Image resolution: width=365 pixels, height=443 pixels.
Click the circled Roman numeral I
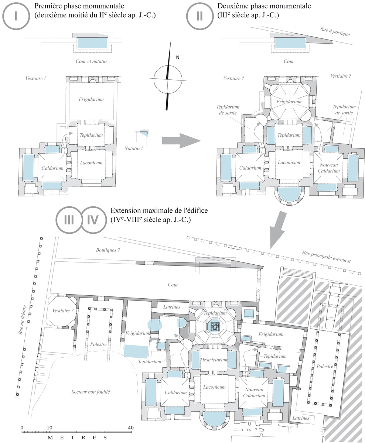coord(16,16)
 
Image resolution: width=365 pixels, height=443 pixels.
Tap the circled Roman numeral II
coord(199,16)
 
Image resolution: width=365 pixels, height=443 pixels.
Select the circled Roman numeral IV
coord(93,220)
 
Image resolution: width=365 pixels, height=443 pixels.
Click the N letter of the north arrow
coord(178,57)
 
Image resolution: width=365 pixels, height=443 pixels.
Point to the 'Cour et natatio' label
coord(91,61)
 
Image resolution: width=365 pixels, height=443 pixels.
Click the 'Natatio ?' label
coord(133,148)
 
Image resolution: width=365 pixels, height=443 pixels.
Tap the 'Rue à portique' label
coord(335,31)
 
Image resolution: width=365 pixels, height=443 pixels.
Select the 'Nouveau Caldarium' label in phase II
coord(328,168)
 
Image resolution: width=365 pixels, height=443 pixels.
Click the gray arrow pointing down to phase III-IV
coord(278,230)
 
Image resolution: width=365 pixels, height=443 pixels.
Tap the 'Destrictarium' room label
coord(214,360)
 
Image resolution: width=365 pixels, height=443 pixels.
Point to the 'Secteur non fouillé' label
coord(91,392)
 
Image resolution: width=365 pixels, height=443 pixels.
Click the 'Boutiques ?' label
coord(108,250)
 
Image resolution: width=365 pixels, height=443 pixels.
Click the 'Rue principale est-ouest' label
coord(327,257)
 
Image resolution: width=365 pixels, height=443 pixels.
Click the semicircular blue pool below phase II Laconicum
coord(289,195)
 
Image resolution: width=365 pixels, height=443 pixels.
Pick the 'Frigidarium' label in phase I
coord(91,99)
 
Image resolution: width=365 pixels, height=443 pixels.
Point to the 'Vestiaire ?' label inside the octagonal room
coord(63,311)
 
